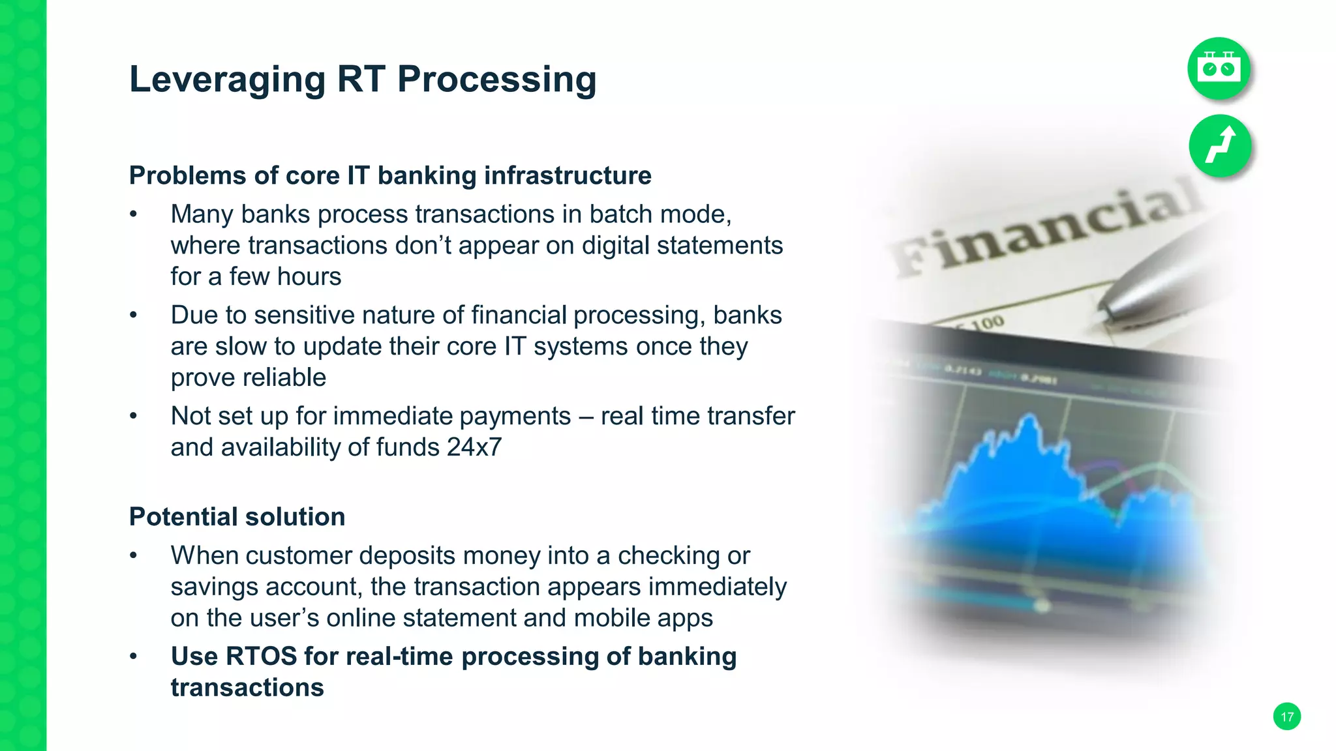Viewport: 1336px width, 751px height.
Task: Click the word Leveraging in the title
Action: point(227,80)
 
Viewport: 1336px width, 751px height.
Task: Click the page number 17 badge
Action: point(1286,716)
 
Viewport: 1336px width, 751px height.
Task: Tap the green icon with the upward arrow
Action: point(1220,145)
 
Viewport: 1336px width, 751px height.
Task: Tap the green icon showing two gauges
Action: point(1219,68)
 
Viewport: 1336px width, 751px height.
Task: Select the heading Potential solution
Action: point(237,517)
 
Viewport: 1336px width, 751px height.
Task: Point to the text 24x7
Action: point(474,447)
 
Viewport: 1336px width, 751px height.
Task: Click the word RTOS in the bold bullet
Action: point(261,656)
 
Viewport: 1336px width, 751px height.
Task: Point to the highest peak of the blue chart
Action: point(1029,417)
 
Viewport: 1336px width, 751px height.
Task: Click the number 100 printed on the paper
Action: point(987,323)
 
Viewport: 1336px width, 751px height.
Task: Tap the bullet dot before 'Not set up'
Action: point(133,416)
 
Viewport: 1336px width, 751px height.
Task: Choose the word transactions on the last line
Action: point(247,688)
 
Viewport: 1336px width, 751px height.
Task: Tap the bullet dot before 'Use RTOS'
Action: point(133,656)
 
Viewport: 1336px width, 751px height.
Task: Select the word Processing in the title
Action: point(496,80)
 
